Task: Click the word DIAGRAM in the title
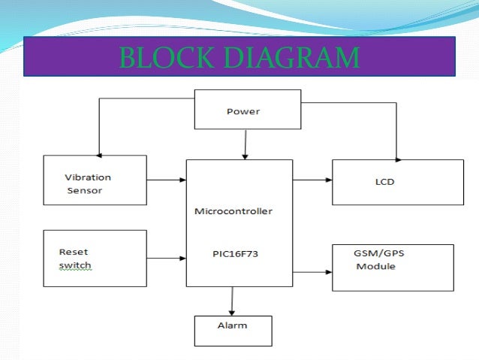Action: click(285, 57)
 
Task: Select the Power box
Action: click(243, 110)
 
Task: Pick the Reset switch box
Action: click(95, 258)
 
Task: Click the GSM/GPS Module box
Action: click(393, 267)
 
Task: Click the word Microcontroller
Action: click(233, 211)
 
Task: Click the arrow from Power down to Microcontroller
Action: click(243, 144)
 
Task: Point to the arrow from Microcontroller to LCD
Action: click(312, 180)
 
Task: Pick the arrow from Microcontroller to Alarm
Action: click(233, 301)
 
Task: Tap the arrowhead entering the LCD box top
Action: click(397, 156)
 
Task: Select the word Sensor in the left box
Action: click(84, 191)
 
